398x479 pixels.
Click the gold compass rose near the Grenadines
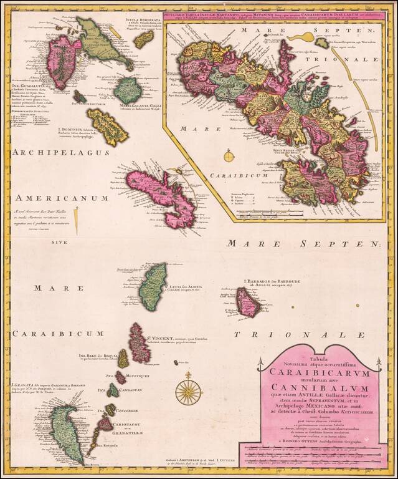187,392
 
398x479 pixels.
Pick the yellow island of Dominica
107,127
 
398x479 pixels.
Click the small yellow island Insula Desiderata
143,40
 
